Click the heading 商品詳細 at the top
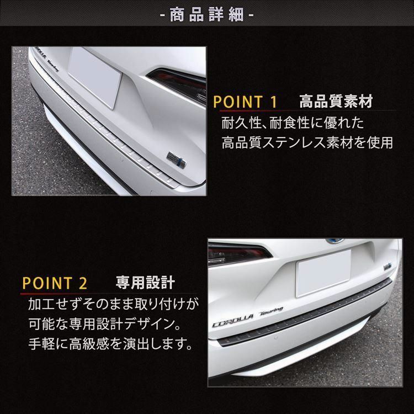207,14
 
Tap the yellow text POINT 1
245,102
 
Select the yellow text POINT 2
55,283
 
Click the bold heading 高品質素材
336,102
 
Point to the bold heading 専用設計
146,283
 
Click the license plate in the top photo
95,77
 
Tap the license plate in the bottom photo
323,273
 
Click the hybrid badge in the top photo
176,160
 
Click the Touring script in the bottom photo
272,311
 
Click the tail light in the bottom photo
237,254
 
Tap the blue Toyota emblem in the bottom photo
335,241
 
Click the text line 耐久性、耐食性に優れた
293,123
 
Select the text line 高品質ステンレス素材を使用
307,142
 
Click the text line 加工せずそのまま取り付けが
114,304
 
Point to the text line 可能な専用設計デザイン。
104,324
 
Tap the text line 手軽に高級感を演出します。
110,344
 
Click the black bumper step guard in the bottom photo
304,313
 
